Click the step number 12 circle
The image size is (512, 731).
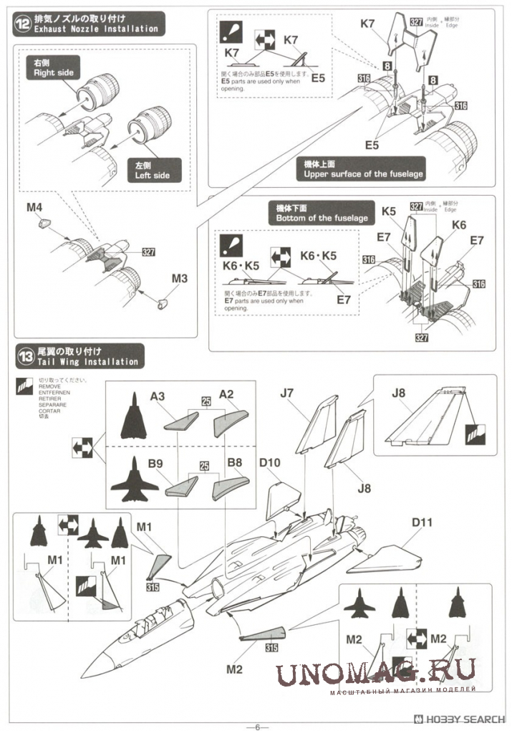(x=25, y=23)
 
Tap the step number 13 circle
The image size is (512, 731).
(x=25, y=356)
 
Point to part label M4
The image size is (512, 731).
(x=34, y=209)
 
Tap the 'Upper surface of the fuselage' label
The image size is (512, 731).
(x=363, y=169)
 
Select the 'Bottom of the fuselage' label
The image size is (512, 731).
(x=322, y=214)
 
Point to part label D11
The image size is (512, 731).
(x=422, y=522)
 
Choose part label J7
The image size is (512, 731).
(x=287, y=392)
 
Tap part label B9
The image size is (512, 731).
(x=156, y=463)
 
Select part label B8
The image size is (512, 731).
(x=234, y=463)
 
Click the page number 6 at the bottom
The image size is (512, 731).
(x=256, y=725)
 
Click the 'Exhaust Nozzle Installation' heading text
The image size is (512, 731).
(x=96, y=29)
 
